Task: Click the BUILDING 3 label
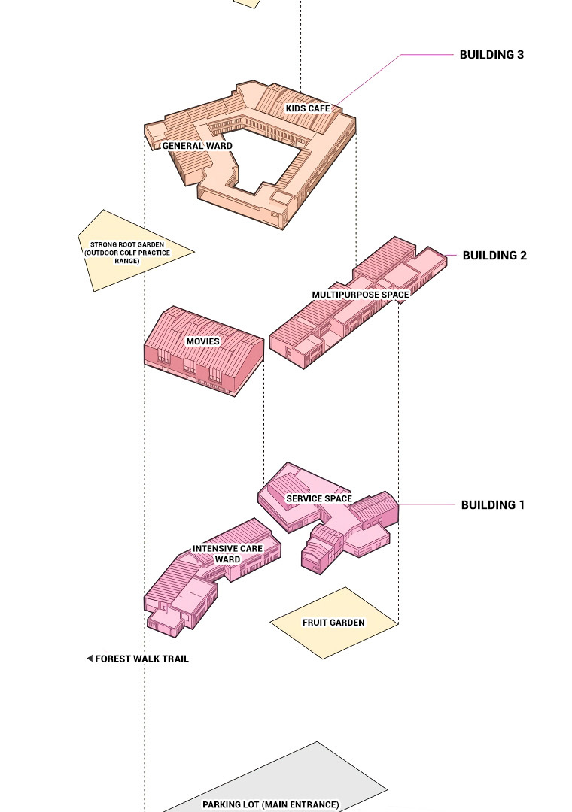tap(491, 55)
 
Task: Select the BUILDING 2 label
tap(494, 256)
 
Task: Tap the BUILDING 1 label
tap(492, 505)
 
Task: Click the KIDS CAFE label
tap(308, 109)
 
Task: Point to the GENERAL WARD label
tap(197, 146)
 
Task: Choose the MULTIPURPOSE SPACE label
tap(361, 295)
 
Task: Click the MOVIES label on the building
tap(203, 341)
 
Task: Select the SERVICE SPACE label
tap(319, 499)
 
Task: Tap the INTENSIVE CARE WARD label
tap(227, 554)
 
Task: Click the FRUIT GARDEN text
tap(333, 623)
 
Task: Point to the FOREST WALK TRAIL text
tap(141, 659)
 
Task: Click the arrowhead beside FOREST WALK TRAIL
tap(90, 659)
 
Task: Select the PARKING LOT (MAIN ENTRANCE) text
tap(271, 804)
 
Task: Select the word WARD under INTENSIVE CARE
tap(227, 559)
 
